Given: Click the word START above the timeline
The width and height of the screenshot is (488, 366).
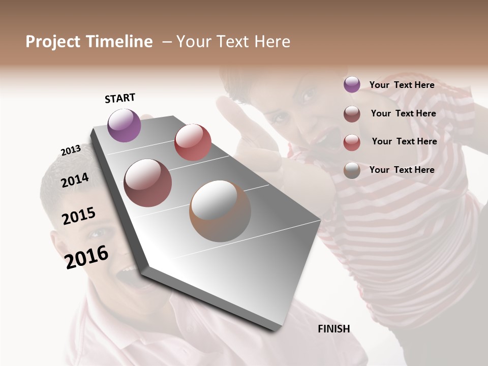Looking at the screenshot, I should coord(120,98).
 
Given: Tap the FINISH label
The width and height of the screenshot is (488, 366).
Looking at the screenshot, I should coord(334,329).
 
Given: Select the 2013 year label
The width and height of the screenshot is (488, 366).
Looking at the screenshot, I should coord(71,150).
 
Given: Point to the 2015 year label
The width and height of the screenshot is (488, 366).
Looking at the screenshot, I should coord(79,216).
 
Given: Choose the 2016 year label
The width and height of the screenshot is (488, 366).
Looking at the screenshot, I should coord(86,257).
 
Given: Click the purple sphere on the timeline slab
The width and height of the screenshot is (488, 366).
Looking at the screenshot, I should coord(124,125).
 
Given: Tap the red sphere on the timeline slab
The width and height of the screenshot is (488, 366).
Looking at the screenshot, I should coord(193,142).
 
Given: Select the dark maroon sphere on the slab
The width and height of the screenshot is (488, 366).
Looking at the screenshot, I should coord(148,183).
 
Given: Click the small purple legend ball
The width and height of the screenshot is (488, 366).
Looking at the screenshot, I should coord(352,85).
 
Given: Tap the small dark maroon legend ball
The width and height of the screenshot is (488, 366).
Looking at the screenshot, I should coord(352,114).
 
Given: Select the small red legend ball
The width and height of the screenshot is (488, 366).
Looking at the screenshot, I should coord(352,142).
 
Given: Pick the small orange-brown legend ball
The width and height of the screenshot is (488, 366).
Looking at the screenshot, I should coord(352,170).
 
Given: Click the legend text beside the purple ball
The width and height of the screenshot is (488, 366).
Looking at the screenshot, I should coord(402,85).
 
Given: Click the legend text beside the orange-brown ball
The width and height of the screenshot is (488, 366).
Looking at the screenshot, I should coord(402,170).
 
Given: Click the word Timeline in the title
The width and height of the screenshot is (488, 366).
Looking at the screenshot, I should coord(119,42).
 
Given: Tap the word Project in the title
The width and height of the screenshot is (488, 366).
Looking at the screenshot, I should coord(53,42).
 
